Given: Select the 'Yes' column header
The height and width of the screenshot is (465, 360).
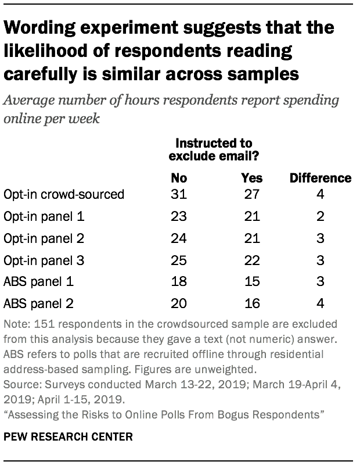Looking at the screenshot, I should pyautogui.click(x=251, y=177).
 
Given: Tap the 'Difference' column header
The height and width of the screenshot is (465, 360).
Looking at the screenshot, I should pyautogui.click(x=321, y=177).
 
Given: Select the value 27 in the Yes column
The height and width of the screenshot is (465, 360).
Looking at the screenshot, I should pyautogui.click(x=251, y=195).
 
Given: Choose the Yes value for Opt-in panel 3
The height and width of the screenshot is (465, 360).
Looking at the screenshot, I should pyautogui.click(x=251, y=259).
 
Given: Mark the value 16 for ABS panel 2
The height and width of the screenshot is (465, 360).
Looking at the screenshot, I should pyautogui.click(x=251, y=302).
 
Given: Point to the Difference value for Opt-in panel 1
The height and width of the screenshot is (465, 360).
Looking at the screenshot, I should pyautogui.click(x=321, y=216).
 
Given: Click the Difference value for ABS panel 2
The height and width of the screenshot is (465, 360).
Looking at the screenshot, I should pyautogui.click(x=321, y=302).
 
